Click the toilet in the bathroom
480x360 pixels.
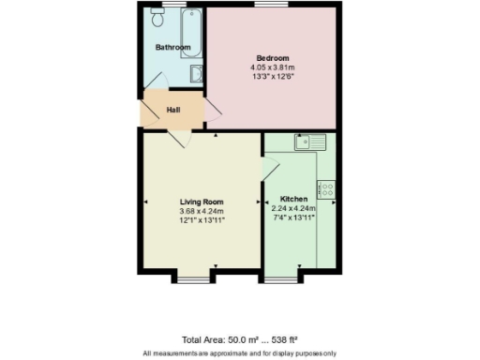click(157, 19)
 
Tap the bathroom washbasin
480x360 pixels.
click(196, 74)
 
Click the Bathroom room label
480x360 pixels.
click(172, 48)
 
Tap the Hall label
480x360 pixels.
click(172, 111)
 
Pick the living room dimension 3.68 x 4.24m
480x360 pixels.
click(202, 211)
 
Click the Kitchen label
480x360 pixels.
click(293, 199)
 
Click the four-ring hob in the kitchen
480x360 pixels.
click(328, 189)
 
